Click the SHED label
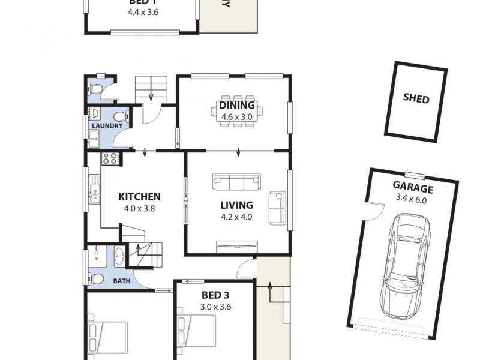(416, 98)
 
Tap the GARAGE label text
(413, 187)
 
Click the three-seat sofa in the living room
(237, 182)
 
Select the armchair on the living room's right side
(277, 208)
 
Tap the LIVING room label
(237, 205)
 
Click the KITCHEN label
(139, 197)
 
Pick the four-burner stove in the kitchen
(110, 159)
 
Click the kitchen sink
(94, 193)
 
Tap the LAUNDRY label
(107, 126)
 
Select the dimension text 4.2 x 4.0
(237, 217)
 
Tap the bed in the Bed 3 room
(198, 336)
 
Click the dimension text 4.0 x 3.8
(139, 209)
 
